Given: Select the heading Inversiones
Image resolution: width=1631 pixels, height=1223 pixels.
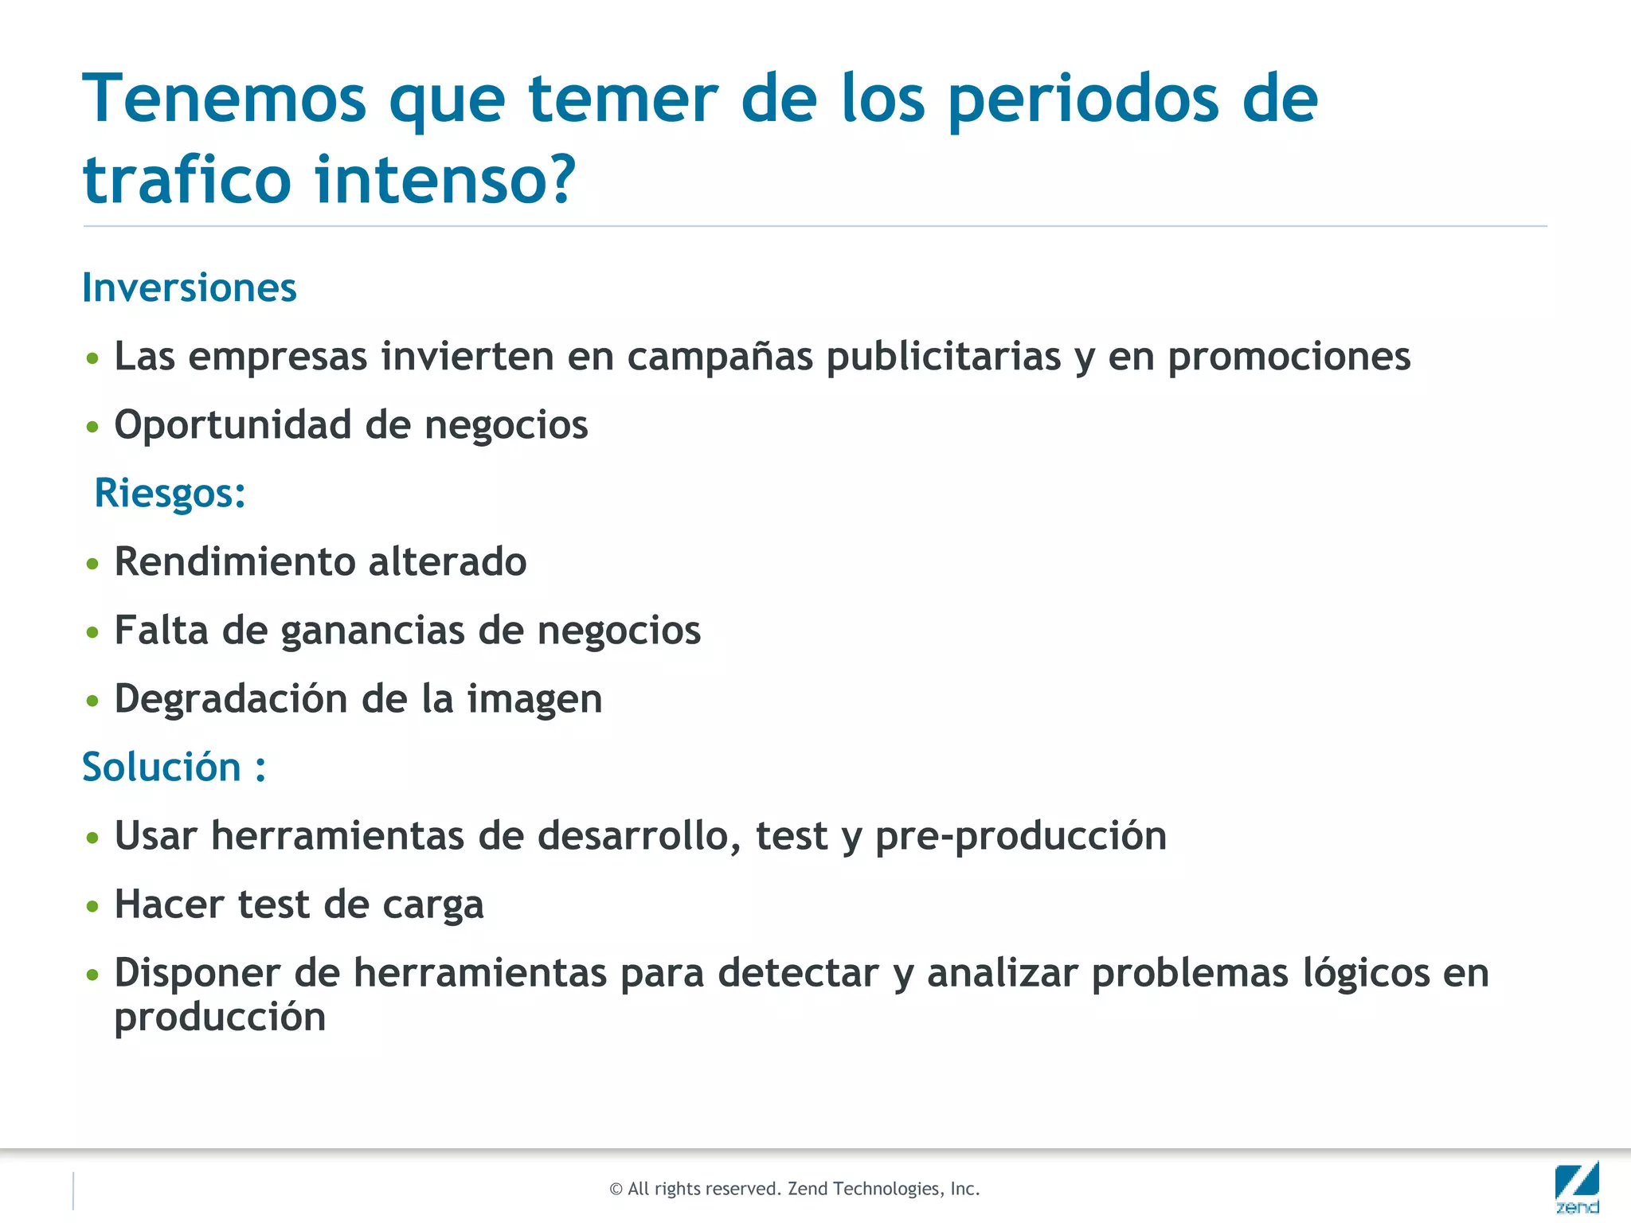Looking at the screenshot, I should (190, 287).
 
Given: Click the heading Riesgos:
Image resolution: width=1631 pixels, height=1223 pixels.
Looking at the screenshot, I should (170, 492).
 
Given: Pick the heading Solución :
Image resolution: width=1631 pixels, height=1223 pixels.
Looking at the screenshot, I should (174, 767).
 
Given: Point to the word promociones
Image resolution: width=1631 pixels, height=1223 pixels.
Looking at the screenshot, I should (1289, 356).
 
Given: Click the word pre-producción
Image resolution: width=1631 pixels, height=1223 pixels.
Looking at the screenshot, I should (1020, 836).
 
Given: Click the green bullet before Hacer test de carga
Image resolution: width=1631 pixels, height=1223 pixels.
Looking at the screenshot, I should (93, 906).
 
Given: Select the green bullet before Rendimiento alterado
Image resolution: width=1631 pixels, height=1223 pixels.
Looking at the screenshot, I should (93, 564).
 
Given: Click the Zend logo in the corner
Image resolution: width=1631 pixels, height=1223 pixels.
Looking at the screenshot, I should (1577, 1186).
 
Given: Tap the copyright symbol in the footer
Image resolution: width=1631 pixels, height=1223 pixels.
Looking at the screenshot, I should (616, 1190).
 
